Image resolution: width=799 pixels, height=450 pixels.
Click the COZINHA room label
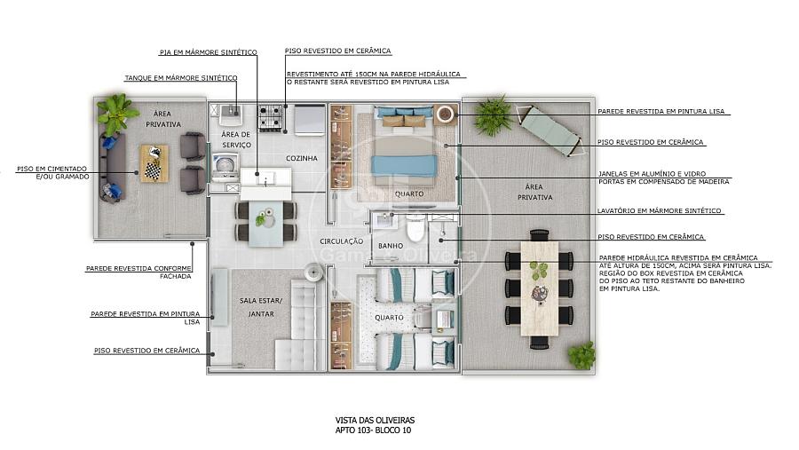tap(302, 159)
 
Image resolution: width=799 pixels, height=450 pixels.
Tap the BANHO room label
tap(391, 246)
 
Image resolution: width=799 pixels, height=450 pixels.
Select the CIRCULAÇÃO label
tap(342, 241)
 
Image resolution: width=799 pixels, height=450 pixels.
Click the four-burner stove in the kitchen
tap(271, 118)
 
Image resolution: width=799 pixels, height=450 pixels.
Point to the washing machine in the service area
tap(225, 167)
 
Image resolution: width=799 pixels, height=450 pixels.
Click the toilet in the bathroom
tap(415, 229)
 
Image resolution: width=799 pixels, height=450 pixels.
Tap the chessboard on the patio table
tap(153, 170)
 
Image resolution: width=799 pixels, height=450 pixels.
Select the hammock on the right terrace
tap(549, 130)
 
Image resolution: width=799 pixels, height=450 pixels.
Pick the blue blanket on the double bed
tap(405, 166)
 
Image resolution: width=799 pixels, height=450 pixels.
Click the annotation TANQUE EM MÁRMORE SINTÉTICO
tap(181, 78)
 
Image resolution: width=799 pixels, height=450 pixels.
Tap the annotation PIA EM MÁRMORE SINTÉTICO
tap(209, 52)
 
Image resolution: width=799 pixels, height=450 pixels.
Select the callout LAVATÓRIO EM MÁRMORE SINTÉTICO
tap(660, 210)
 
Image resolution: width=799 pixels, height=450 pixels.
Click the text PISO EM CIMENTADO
tap(52, 169)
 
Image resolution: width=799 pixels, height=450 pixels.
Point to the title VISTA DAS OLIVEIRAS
tap(375, 421)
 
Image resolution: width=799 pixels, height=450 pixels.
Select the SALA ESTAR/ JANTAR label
tap(261, 307)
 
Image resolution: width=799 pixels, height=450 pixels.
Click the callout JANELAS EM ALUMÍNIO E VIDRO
tap(653, 174)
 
